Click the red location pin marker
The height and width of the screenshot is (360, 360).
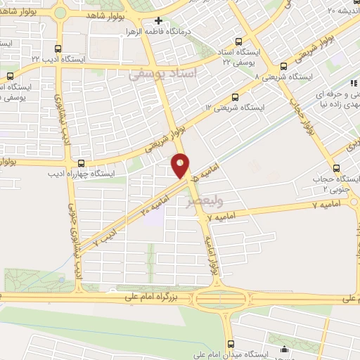[181, 165]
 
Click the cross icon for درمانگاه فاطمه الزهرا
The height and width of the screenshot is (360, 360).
[160, 22]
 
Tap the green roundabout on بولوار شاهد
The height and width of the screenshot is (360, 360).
[60, 12]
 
